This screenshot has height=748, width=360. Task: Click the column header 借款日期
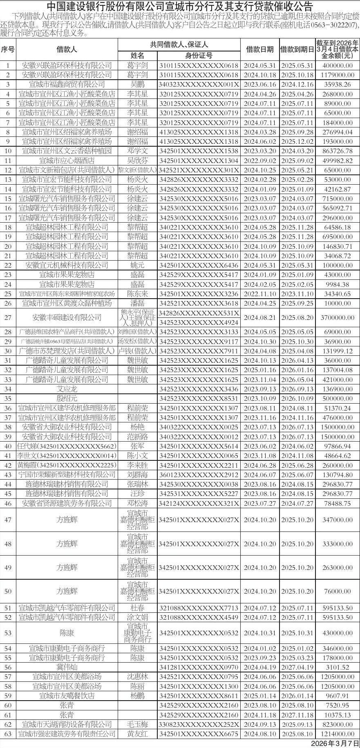pyautogui.click(x=260, y=49)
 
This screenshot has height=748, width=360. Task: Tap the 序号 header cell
pyautogui.click(x=8, y=49)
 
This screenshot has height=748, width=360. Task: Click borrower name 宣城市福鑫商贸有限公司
pyautogui.click(x=67, y=85)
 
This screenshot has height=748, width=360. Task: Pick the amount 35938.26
pyautogui.click(x=337, y=85)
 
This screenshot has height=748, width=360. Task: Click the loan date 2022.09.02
pyautogui.click(x=260, y=161)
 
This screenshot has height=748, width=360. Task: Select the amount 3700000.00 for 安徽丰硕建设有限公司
pyautogui.click(x=337, y=317)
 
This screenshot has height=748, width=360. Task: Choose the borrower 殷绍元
pyautogui.click(x=67, y=398)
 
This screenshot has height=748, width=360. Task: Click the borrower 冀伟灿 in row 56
pyautogui.click(x=67, y=667)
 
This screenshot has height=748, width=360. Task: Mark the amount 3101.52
pyautogui.click(x=337, y=667)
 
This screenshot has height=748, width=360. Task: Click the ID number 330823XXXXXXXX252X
pyautogui.click(x=199, y=724)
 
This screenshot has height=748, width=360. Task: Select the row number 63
pyautogui.click(x=8, y=734)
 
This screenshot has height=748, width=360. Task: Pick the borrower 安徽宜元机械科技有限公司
pyautogui.click(x=67, y=265)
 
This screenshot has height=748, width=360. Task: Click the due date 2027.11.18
pyautogui.click(x=297, y=715)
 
